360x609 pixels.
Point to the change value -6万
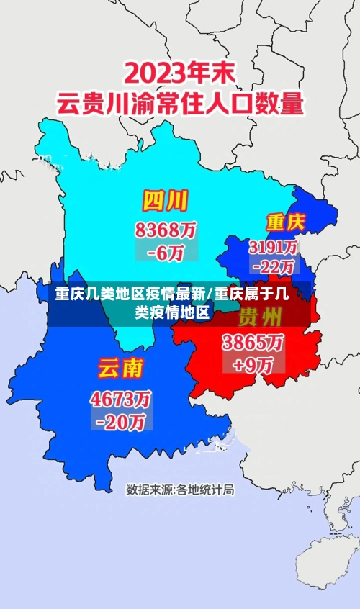(x=166, y=252)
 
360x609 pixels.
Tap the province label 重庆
(x=285, y=221)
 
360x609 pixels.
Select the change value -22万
(x=274, y=266)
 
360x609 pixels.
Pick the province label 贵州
(x=260, y=316)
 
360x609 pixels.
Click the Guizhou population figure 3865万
(x=253, y=341)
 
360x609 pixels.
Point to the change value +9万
(x=253, y=364)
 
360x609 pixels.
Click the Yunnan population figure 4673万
(x=121, y=397)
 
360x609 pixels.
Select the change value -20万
(x=121, y=421)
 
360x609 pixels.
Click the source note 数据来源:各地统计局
(x=180, y=490)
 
